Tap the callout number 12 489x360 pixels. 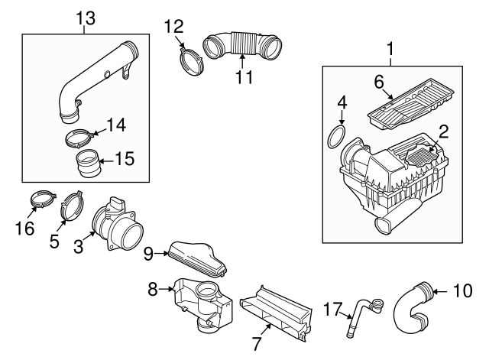(x=173, y=27)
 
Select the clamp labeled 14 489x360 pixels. (x=79, y=140)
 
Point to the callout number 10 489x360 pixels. (x=464, y=291)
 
